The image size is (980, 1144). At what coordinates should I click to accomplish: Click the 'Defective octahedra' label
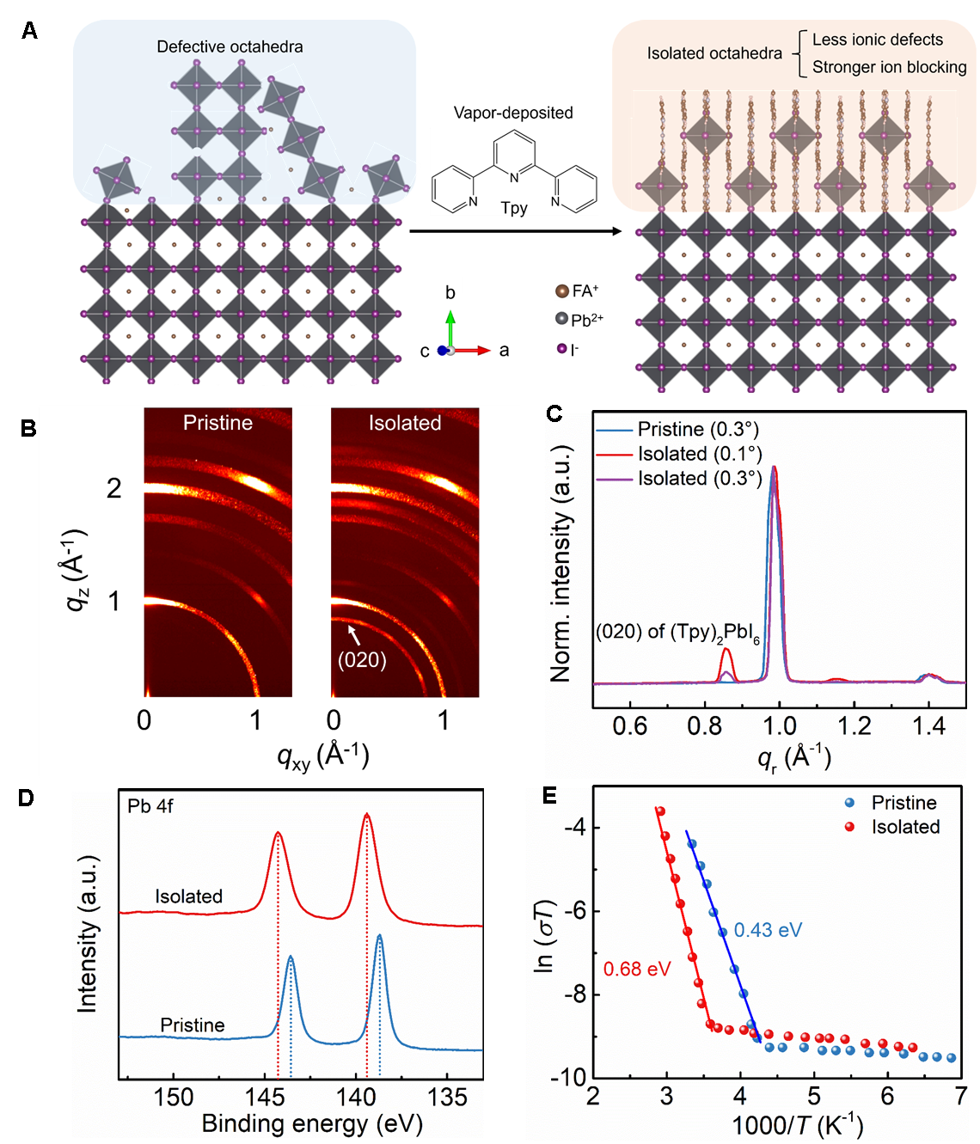(230, 46)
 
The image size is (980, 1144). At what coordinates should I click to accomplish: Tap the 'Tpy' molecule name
(514, 207)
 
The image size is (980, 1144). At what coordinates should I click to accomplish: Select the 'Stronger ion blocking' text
(889, 67)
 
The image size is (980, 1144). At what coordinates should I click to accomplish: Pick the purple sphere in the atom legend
(562, 348)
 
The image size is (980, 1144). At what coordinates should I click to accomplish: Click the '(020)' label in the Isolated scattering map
(362, 659)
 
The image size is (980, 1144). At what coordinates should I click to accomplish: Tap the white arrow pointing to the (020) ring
(353, 634)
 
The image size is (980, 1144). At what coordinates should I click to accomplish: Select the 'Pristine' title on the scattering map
(217, 423)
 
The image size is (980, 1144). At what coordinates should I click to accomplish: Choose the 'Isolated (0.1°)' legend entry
(699, 454)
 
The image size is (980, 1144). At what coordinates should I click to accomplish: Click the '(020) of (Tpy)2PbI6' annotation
(677, 633)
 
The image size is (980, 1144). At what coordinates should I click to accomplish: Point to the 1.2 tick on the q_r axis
(854, 726)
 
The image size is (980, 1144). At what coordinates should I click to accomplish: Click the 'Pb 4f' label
(150, 806)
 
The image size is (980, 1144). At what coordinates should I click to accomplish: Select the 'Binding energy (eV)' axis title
(311, 1124)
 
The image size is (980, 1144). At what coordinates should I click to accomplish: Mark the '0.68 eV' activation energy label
(637, 970)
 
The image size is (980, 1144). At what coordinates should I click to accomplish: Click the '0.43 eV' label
(768, 930)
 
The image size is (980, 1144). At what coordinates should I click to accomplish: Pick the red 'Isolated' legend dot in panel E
(850, 827)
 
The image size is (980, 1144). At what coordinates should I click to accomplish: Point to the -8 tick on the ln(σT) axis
(574, 994)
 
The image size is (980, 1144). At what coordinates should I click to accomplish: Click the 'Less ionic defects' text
(877, 40)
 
